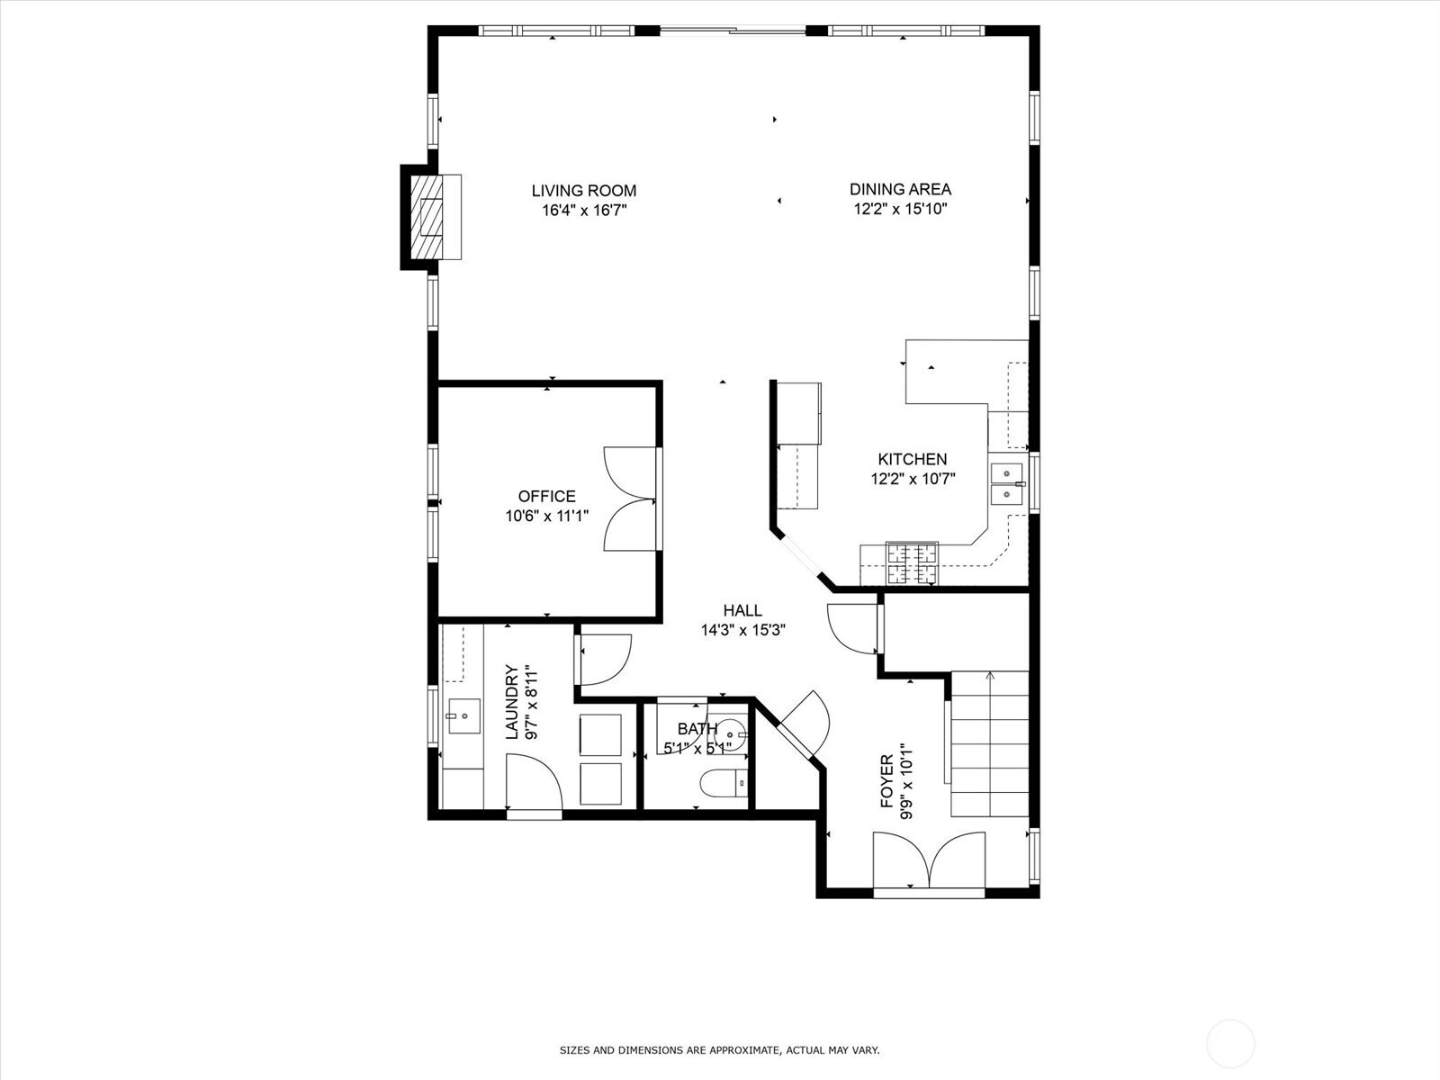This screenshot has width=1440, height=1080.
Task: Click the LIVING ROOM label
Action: [583, 191]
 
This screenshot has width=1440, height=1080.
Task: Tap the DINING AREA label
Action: [900, 190]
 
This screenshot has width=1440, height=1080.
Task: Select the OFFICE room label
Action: [546, 497]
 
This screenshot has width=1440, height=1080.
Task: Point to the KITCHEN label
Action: [912, 459]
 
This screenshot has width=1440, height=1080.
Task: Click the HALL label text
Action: [742, 610]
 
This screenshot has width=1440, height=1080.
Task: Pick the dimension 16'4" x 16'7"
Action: [584, 211]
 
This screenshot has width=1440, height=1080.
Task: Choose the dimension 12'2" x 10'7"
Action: [913, 480]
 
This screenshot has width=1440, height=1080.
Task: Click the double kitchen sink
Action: [1007, 483]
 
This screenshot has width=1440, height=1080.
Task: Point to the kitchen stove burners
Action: [912, 563]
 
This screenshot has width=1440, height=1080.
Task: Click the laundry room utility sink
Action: [464, 716]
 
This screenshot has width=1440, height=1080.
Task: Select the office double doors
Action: [631, 499]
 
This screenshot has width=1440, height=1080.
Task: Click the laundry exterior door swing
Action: [534, 782]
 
